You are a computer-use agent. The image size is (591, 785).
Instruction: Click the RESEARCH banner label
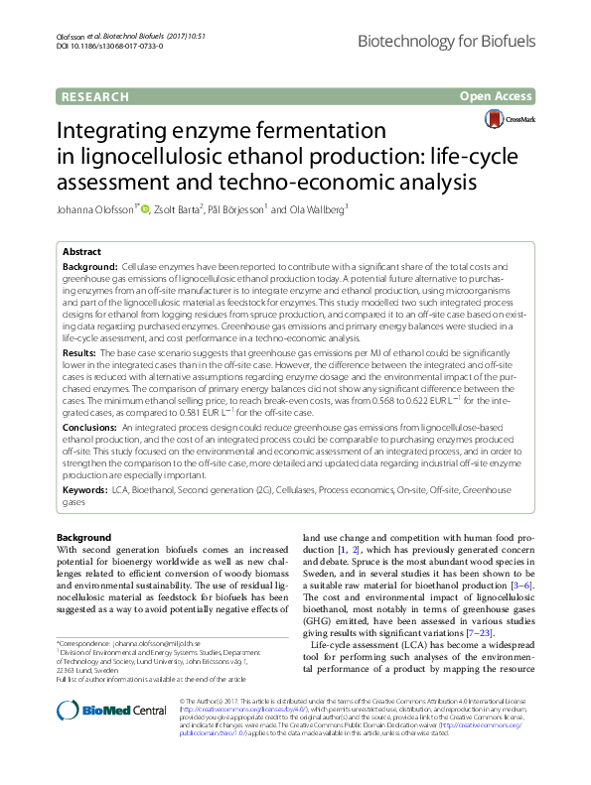(x=95, y=96)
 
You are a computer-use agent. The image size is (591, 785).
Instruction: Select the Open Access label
(x=496, y=96)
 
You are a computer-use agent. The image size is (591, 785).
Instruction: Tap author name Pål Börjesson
(x=238, y=209)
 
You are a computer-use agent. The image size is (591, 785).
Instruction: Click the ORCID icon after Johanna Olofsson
(x=145, y=209)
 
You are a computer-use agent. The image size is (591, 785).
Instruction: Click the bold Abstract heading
(x=82, y=253)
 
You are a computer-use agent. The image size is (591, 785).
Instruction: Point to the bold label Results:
(x=80, y=352)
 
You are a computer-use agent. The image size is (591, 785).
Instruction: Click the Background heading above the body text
(x=83, y=537)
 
